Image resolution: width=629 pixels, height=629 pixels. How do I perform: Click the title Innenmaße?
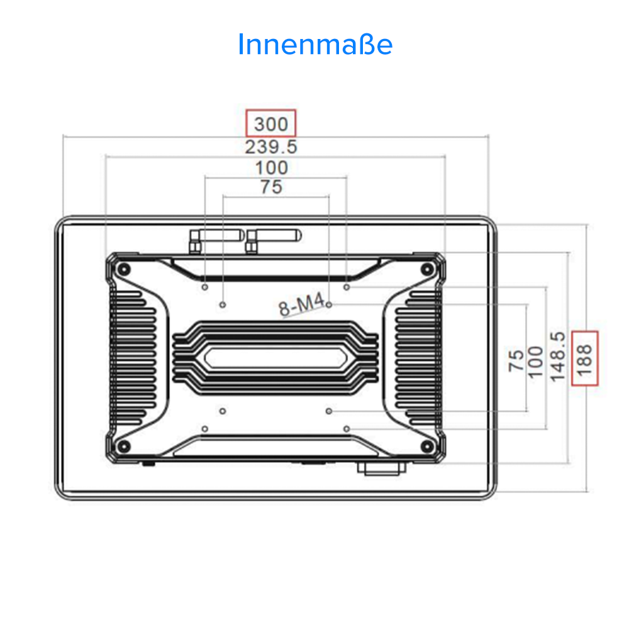pos(315,45)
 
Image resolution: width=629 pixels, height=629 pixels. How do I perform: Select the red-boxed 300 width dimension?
pos(270,123)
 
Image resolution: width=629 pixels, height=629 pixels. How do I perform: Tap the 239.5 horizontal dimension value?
pos(270,147)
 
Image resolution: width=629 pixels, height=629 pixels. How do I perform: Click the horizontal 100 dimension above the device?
pos(272,167)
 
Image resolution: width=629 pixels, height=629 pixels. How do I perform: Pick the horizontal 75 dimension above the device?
pos(271,187)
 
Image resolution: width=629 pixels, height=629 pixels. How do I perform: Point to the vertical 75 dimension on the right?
pos(516,360)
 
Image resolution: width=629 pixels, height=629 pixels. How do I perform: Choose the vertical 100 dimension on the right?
pos(535,361)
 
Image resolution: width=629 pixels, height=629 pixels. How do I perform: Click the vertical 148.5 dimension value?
pos(557,356)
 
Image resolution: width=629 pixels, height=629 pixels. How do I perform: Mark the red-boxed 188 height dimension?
pos(584,358)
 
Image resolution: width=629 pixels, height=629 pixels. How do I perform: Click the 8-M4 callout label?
pos(301,308)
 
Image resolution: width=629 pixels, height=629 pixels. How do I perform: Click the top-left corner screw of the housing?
pos(124,269)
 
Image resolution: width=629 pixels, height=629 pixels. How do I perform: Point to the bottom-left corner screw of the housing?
pos(124,446)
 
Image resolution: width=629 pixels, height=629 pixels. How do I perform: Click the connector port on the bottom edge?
pos(381,467)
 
